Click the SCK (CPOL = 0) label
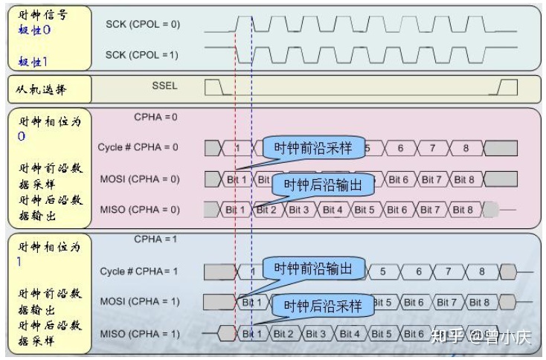coord(143,25)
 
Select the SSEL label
coord(164,87)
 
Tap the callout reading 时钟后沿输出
coord(323,185)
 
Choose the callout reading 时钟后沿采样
coord(323,305)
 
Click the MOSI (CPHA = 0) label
coord(140,179)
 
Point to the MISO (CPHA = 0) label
coord(140,210)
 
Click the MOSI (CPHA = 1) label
coord(140,301)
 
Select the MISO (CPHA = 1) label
coord(140,333)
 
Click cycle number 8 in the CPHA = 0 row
coord(466,148)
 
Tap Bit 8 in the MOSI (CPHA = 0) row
coord(463,179)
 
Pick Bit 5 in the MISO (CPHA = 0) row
coord(364,210)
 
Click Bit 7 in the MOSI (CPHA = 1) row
coord(446,302)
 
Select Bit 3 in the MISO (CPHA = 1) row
coord(318,333)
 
